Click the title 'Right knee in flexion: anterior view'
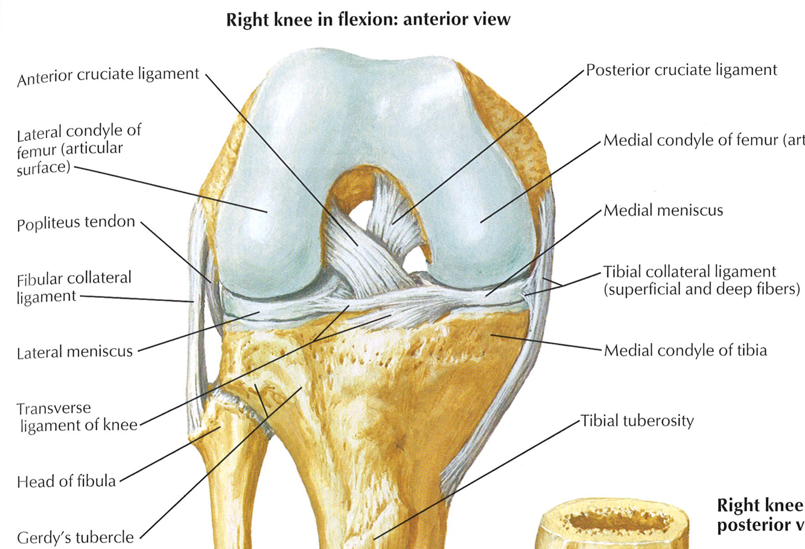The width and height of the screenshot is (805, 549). [368, 19]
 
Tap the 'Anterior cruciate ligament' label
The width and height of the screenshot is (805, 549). [108, 77]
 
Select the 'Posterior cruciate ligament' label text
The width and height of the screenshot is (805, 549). [681, 70]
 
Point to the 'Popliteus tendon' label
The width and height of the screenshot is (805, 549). [76, 223]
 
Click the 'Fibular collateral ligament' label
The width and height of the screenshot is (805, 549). [74, 287]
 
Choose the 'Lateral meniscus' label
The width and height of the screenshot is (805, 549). [75, 352]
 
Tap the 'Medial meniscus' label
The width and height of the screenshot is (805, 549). [663, 211]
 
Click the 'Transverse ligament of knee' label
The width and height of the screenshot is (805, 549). [78, 417]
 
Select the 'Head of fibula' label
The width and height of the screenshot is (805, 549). [66, 481]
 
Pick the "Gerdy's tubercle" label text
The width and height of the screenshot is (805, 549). [75, 537]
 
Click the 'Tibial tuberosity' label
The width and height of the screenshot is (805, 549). [637, 420]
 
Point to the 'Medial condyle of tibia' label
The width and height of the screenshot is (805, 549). [685, 350]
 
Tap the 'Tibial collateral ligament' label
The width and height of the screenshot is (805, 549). [690, 271]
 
